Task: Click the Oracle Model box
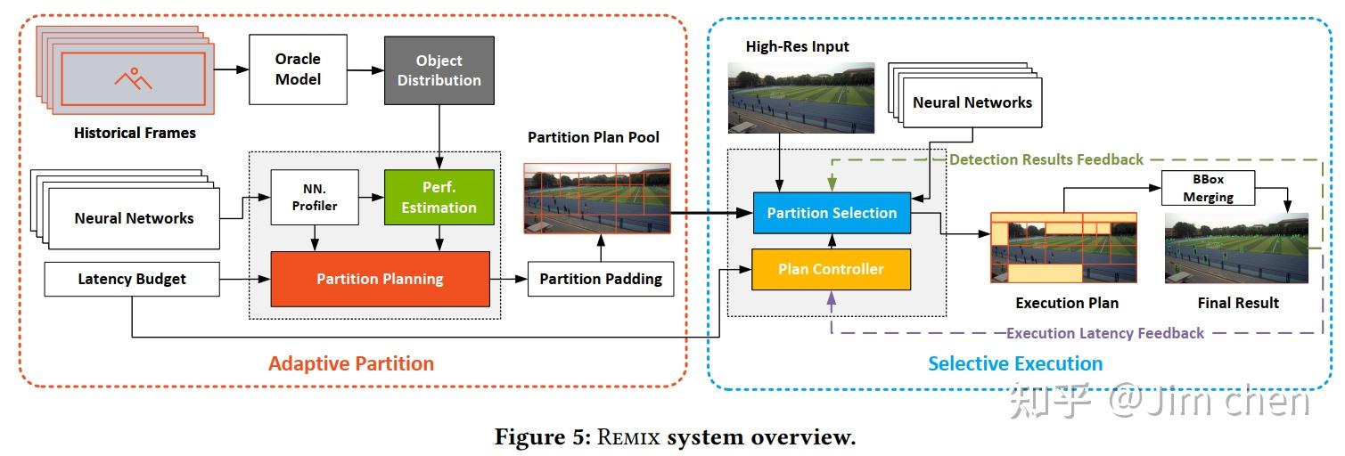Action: click(298, 69)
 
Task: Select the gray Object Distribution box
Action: click(439, 69)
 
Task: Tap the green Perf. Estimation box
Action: click(439, 197)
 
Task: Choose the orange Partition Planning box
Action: click(380, 279)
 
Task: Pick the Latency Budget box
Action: click(132, 279)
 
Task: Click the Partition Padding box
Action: click(601, 279)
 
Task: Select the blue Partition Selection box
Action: click(832, 213)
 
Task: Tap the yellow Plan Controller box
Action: click(832, 269)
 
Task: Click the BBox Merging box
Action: click(1208, 188)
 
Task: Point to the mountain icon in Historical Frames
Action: click(133, 78)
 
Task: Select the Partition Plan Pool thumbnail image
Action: click(597, 198)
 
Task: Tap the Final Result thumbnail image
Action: click(1236, 248)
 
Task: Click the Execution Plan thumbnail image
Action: click(1063, 248)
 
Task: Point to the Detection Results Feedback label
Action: click(1046, 159)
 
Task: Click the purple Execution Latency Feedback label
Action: click(1104, 333)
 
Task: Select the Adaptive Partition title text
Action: click(351, 363)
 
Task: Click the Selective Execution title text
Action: click(1015, 363)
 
